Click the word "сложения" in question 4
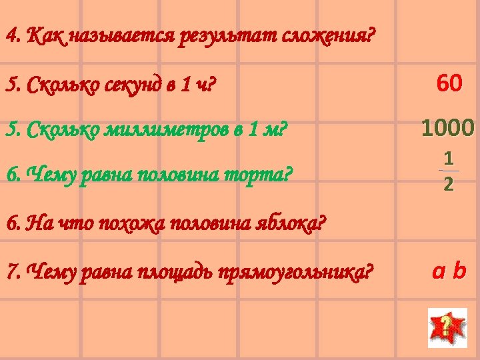(x=332, y=34)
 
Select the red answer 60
(x=449, y=84)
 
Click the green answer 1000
(x=447, y=127)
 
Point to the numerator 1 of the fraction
(x=449, y=159)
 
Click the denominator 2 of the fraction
(x=449, y=184)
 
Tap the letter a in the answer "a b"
(x=438, y=271)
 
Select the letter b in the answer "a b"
(x=459, y=271)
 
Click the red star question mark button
(x=443, y=327)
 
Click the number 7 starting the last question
(x=10, y=272)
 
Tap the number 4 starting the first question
(x=10, y=34)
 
